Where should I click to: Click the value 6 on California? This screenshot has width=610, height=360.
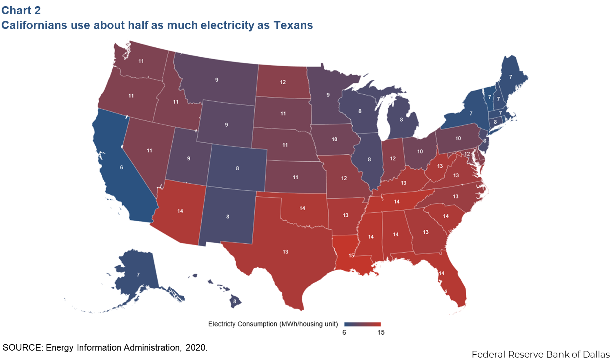(121, 167)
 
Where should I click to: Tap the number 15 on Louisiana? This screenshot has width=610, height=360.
(351, 256)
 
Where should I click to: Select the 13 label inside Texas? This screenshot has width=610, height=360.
(285, 252)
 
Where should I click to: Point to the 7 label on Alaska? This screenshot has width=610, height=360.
(138, 275)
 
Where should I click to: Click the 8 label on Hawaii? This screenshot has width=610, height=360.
(234, 301)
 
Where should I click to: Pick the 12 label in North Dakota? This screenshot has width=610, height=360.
(283, 82)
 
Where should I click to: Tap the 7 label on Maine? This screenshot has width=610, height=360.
(510, 77)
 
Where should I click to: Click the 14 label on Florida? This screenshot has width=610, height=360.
(441, 273)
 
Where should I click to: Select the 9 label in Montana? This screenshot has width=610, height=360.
(217, 80)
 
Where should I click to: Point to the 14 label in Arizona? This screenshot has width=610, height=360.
(180, 211)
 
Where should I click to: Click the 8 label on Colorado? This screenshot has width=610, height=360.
(237, 168)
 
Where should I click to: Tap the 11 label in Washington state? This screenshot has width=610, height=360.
(141, 61)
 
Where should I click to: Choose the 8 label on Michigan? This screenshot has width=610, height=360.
(401, 120)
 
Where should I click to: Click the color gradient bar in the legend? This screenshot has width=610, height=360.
(362, 324)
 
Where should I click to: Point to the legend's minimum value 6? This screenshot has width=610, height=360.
(344, 333)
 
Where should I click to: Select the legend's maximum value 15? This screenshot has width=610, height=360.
(381, 333)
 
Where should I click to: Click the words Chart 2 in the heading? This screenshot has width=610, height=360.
(21, 10)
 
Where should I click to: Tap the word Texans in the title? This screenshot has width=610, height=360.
(293, 25)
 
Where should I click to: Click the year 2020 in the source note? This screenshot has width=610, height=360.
(196, 348)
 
